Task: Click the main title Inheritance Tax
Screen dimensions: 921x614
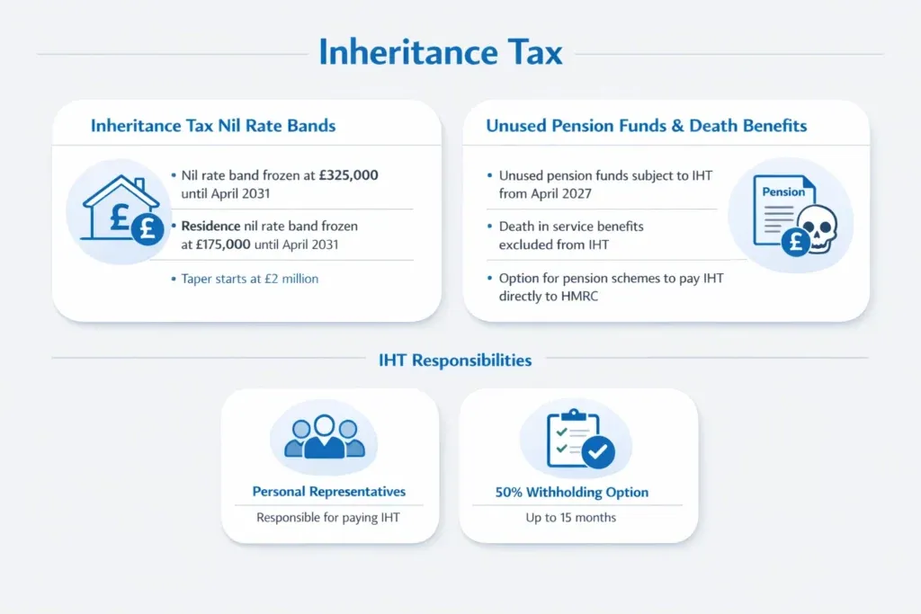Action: pos(441,51)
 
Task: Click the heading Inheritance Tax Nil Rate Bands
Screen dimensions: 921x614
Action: pos(213,126)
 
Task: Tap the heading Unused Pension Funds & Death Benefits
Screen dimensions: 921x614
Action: pos(646,126)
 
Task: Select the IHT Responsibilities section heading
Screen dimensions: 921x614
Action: pos(455,360)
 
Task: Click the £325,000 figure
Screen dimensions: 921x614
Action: pos(348,175)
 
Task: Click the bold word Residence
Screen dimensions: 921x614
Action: pos(210,226)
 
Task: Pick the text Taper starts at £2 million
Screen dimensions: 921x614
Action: pos(250,279)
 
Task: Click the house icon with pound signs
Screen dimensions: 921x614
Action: pos(121,209)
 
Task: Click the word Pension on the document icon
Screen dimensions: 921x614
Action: pos(783,192)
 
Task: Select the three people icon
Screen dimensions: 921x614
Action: pos(324,437)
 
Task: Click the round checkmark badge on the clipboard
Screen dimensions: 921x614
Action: pos(598,452)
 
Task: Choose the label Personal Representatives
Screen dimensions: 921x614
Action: pos(329,492)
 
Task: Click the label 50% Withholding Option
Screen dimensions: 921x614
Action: pos(571,492)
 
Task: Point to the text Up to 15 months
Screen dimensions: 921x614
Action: pos(571,518)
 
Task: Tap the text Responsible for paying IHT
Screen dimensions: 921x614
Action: pos(328,518)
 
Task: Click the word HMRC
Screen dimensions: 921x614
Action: pos(579,296)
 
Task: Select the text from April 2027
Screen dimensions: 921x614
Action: pos(545,193)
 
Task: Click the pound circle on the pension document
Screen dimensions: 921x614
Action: pos(796,242)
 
